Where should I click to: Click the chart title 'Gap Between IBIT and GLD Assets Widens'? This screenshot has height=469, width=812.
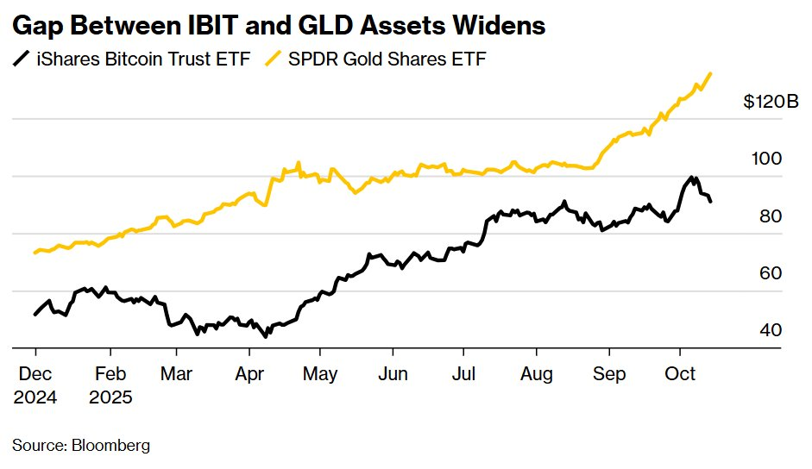[x=278, y=26]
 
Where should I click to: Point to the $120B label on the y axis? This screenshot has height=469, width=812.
[x=771, y=102]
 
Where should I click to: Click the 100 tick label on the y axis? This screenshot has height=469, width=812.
[x=766, y=159]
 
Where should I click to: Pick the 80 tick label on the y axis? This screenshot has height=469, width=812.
[x=769, y=216]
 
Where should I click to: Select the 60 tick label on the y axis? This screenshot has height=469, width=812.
[x=769, y=273]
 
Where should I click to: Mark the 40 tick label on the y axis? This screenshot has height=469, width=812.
[x=769, y=330]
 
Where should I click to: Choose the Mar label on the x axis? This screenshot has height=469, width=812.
[x=176, y=375]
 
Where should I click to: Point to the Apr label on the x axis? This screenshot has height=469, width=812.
[x=249, y=375]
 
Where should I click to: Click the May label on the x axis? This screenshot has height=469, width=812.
[x=320, y=375]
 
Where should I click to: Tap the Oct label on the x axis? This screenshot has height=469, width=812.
[x=680, y=375]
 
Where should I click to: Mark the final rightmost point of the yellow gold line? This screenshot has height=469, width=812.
[x=710, y=74]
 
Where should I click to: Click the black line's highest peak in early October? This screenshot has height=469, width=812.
[x=691, y=177]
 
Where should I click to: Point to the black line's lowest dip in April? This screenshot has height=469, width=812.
[x=266, y=336]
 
